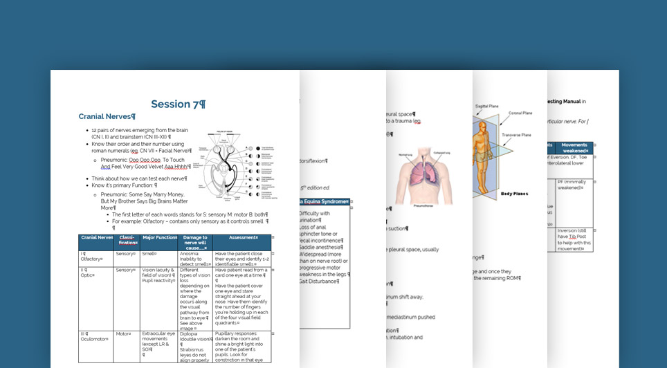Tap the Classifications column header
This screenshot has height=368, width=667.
(x=128, y=240)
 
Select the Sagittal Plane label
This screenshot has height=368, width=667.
(x=487, y=106)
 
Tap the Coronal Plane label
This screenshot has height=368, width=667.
(x=520, y=113)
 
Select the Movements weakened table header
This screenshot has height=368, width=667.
(x=574, y=147)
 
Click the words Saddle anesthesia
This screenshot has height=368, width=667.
(x=321, y=247)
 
